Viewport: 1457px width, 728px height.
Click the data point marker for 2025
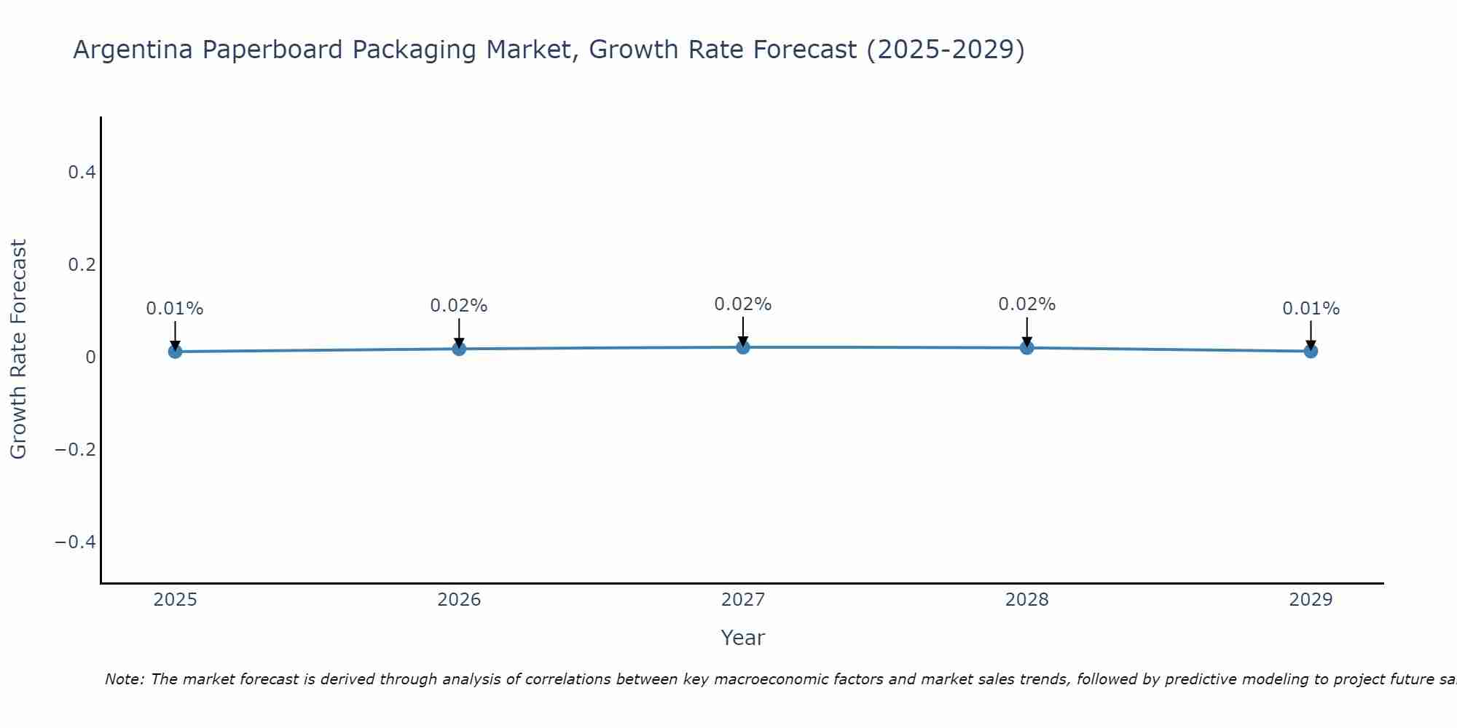(175, 352)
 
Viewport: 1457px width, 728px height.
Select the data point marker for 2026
(459, 349)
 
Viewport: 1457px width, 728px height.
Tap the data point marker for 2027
(743, 347)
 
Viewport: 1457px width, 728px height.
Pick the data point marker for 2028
(1027, 348)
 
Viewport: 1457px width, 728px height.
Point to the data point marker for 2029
(1311, 351)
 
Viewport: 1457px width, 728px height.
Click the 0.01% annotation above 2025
(175, 309)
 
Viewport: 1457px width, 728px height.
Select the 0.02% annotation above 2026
(459, 306)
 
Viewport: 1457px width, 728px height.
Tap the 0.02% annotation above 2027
(743, 304)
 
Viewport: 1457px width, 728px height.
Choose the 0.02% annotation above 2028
(1027, 304)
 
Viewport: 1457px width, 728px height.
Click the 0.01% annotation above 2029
(1311, 309)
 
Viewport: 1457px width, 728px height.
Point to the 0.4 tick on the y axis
(82, 173)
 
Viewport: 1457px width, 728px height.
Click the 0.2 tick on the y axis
(82, 265)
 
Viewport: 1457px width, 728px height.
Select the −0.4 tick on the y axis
(75, 542)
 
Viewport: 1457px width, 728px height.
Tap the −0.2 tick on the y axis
(75, 450)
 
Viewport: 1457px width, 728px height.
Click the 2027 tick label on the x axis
(743, 600)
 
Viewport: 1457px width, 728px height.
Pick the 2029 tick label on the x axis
(1311, 600)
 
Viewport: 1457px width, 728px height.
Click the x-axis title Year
(743, 638)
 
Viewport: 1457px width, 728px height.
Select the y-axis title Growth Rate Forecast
(19, 349)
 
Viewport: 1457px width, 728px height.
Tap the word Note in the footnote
(125, 679)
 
